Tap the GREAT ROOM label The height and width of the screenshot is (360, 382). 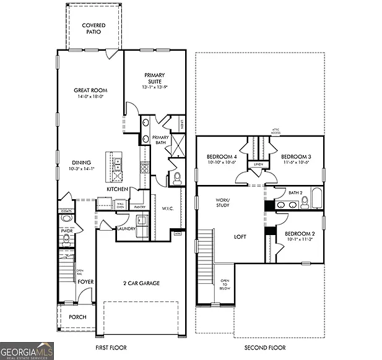[x=90, y=90]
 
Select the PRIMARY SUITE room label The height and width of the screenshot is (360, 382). [x=154, y=79]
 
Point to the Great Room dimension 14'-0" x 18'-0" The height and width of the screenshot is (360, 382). [x=90, y=96]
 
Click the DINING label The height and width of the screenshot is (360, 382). [x=80, y=163]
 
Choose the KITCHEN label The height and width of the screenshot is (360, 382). [x=117, y=189]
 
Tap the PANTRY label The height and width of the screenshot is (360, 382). [x=139, y=207]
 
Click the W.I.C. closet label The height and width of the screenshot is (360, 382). [x=167, y=208]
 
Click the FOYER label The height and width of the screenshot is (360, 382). [x=85, y=281]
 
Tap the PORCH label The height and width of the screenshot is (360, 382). [x=77, y=317]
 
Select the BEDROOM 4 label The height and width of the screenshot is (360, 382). [x=221, y=157]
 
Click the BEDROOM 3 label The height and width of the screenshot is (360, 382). [x=295, y=157]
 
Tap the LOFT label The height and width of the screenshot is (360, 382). [x=240, y=236]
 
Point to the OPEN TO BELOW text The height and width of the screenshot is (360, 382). [x=224, y=283]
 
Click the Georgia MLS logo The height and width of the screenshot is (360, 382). [x=27, y=350]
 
